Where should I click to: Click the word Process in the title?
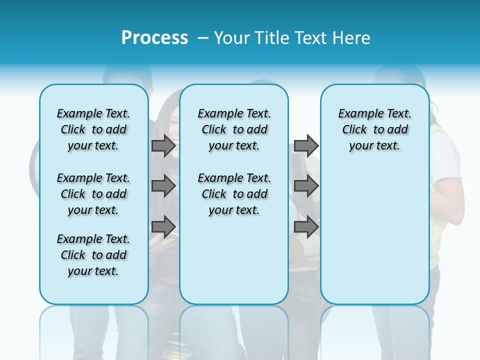[x=154, y=37]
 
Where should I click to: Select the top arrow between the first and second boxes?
[x=163, y=145]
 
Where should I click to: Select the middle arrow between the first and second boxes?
[x=163, y=186]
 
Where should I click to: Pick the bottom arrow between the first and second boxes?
[x=163, y=226]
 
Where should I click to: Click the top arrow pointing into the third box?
[x=306, y=145]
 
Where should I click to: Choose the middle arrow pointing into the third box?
[x=306, y=186]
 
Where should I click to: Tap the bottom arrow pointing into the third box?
[x=306, y=226]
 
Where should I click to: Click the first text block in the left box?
[x=93, y=129]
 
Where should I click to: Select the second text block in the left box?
[x=93, y=194]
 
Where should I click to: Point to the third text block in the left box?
[x=93, y=255]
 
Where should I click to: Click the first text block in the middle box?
[x=234, y=129]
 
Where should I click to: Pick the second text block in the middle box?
[x=234, y=194]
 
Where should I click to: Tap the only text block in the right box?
[x=374, y=129]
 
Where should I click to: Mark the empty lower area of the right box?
[x=374, y=235]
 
